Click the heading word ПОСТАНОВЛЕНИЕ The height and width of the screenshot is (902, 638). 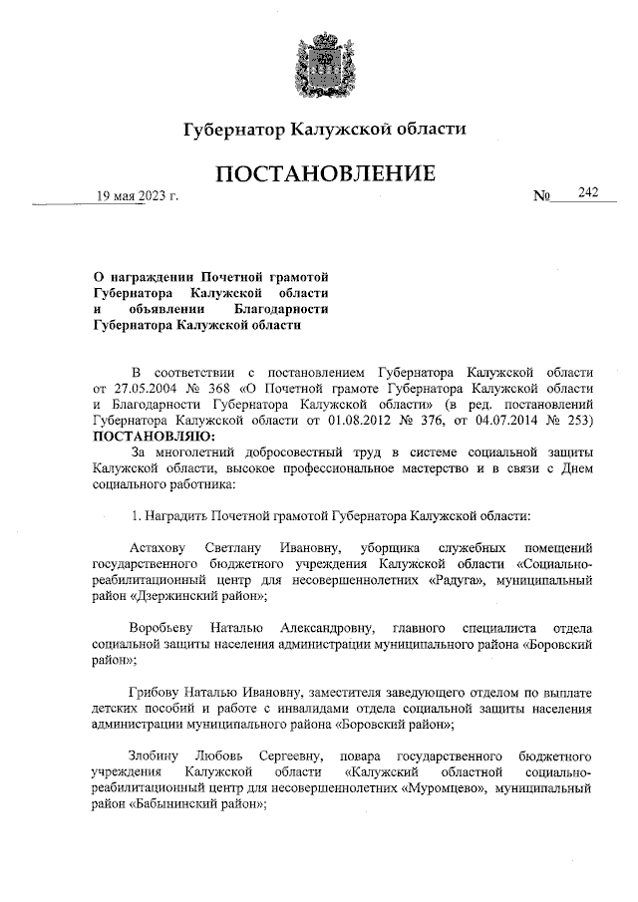(x=325, y=174)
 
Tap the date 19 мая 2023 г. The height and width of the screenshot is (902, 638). (x=137, y=196)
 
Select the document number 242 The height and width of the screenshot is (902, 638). (x=587, y=192)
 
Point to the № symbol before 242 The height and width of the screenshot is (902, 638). (x=542, y=196)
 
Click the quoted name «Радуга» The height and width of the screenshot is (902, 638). (x=429, y=580)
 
